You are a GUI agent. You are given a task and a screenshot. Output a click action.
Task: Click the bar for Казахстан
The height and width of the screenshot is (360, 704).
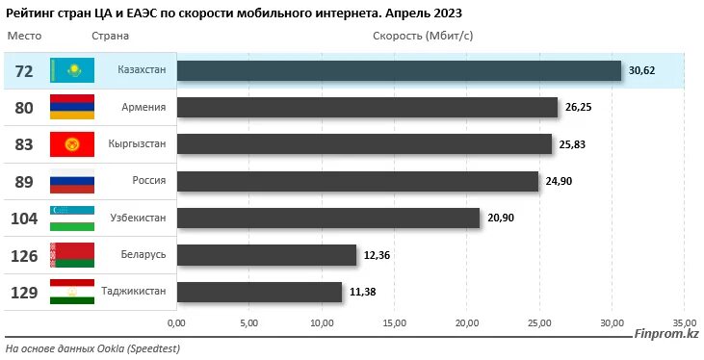click(399, 71)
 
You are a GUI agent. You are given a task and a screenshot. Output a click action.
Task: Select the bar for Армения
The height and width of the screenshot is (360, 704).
click(367, 108)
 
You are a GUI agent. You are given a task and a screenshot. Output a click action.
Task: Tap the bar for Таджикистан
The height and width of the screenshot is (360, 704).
click(259, 291)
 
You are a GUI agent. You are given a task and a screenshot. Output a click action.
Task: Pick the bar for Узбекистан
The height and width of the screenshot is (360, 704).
click(328, 218)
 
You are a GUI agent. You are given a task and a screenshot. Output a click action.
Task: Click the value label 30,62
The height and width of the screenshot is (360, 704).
click(641, 71)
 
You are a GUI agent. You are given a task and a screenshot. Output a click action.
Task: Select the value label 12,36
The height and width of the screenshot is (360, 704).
click(378, 254)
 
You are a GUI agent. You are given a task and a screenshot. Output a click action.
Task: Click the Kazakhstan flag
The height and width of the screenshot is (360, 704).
click(71, 71)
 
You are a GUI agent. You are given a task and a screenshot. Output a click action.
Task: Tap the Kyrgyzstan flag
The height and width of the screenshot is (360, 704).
click(71, 144)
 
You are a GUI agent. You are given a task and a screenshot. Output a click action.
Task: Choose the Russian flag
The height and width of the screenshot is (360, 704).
click(71, 181)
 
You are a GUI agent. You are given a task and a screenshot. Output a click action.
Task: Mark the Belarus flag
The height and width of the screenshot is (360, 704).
click(71, 254)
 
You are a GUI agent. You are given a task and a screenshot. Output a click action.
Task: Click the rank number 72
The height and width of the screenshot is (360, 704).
click(24, 71)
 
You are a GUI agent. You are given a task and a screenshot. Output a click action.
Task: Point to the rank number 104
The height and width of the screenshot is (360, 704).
click(24, 219)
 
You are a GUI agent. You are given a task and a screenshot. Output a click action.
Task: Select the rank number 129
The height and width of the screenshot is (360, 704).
click(24, 292)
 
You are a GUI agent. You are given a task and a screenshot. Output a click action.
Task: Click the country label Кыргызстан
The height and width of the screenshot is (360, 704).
click(138, 143)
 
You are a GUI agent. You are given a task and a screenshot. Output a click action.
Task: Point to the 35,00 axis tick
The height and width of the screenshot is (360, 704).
click(684, 322)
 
